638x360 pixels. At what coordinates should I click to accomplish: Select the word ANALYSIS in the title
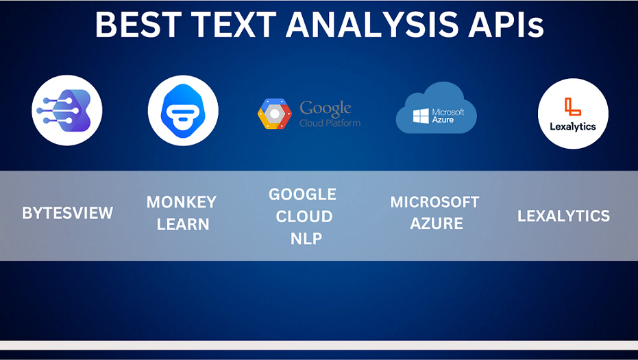click(x=372, y=25)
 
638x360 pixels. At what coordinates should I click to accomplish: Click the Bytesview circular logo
click(x=67, y=110)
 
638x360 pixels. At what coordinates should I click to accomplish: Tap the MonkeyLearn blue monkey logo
click(x=183, y=110)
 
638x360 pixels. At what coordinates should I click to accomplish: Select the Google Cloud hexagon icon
click(x=275, y=114)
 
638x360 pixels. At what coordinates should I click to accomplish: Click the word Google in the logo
click(x=326, y=109)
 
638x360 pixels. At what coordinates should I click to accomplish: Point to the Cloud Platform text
click(x=330, y=123)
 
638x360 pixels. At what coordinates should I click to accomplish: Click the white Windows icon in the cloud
click(x=421, y=116)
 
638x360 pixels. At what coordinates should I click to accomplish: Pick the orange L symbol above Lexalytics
click(x=572, y=107)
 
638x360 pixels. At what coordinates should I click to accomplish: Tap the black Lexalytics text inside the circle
click(x=573, y=127)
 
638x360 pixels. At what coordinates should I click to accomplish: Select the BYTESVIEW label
click(x=68, y=213)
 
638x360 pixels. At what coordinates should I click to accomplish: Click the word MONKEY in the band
click(x=182, y=202)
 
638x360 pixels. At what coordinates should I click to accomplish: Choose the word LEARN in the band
click(x=183, y=224)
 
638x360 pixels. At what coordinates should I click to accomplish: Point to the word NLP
click(x=306, y=238)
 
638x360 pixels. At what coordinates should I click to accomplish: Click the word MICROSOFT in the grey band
click(x=434, y=202)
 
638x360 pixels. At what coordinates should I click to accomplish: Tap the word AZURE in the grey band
click(x=436, y=224)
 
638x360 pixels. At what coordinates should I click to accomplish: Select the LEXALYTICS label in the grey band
click(x=563, y=216)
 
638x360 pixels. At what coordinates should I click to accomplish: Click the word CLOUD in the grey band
click(x=304, y=216)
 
